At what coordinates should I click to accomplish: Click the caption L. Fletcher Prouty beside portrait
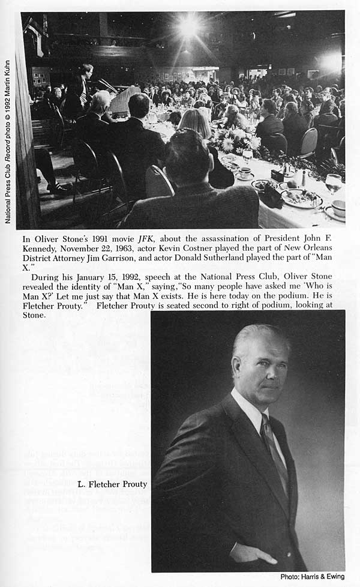(x=112, y=484)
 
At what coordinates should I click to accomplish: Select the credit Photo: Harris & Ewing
(x=312, y=577)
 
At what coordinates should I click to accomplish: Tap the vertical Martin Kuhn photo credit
(x=8, y=141)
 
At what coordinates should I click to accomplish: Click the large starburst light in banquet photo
(x=188, y=25)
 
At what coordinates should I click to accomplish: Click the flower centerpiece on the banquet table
(x=236, y=142)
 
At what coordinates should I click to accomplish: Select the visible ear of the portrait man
(x=238, y=367)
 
